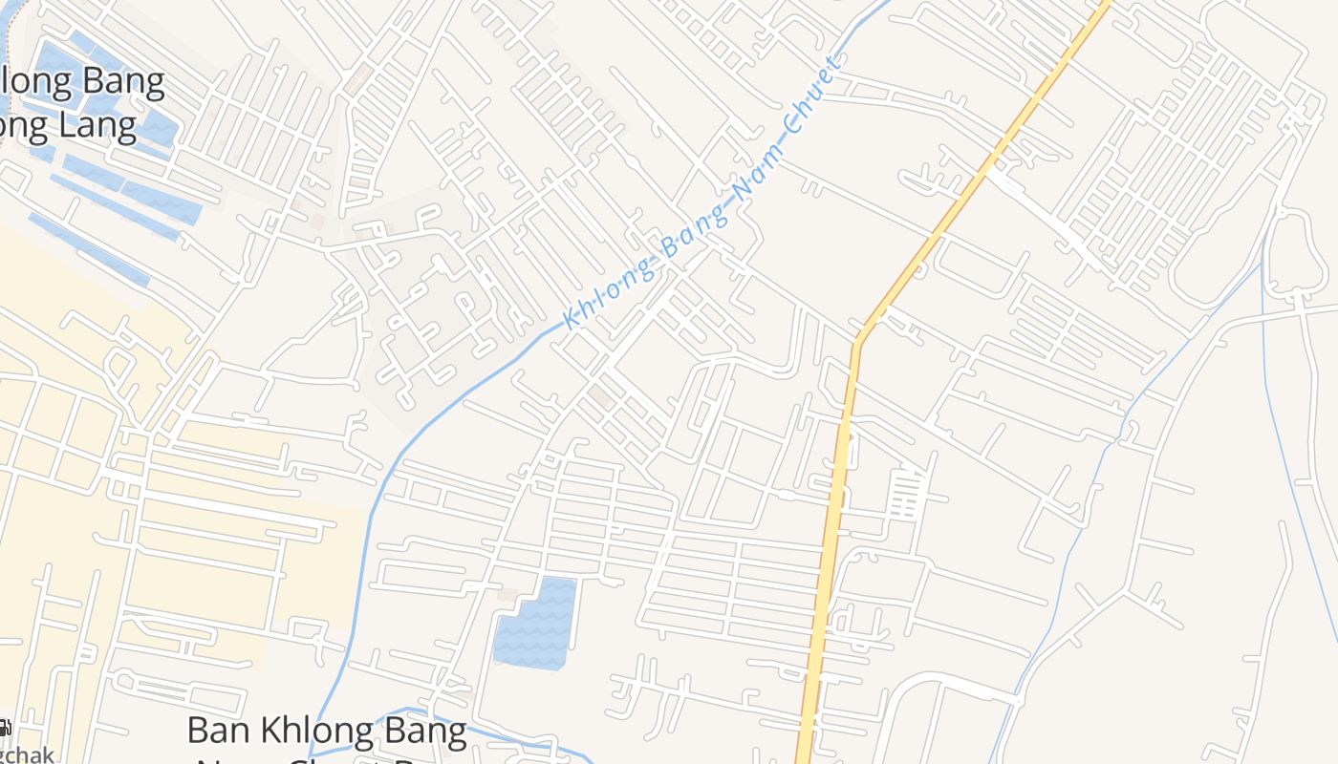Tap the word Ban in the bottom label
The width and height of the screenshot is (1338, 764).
coord(221,731)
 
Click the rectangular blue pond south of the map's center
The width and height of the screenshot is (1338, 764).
coord(535,623)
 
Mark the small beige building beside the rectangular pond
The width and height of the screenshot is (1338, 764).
coord(507,595)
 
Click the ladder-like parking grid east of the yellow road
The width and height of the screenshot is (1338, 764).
coord(904,495)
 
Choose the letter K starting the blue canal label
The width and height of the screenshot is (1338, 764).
coord(572,318)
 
